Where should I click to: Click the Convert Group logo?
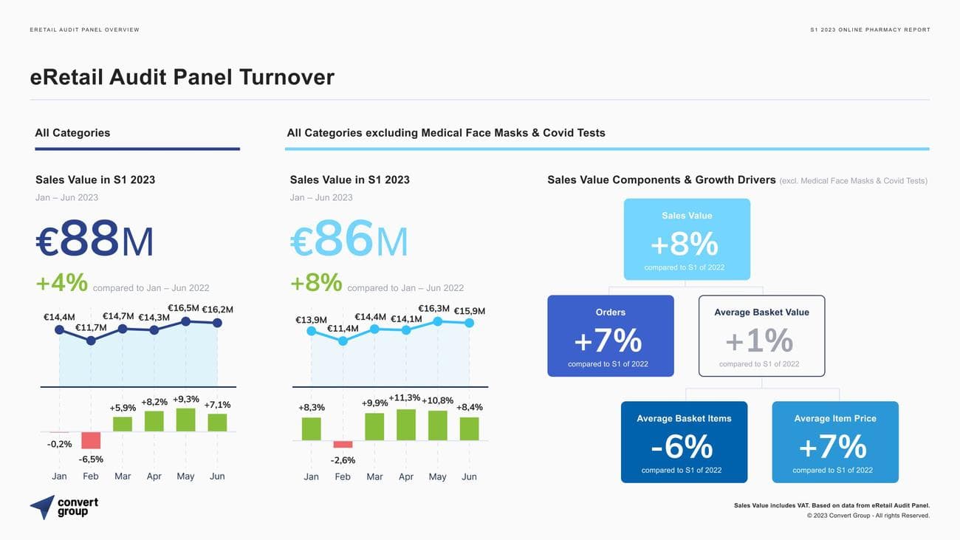(64, 507)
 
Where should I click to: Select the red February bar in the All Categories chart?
(91, 440)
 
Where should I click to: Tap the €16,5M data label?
(183, 308)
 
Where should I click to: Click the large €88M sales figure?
(95, 240)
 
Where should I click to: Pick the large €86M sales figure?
(349, 240)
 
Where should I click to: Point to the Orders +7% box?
(610, 336)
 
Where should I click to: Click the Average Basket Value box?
(761, 336)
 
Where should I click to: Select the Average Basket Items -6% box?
(684, 442)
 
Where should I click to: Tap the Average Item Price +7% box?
(834, 442)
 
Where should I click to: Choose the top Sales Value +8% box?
(687, 239)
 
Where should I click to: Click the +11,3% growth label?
(405, 398)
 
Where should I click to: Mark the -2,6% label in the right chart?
(343, 460)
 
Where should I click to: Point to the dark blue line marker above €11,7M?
(91, 341)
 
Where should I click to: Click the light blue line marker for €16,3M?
(438, 321)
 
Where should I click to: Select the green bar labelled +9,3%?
(185, 420)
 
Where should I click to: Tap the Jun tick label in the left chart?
(217, 476)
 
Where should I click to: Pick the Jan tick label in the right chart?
(312, 476)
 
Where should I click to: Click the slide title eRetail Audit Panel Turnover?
(182, 77)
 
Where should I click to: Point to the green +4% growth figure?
(62, 282)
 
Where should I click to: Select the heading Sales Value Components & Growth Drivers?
(661, 180)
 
